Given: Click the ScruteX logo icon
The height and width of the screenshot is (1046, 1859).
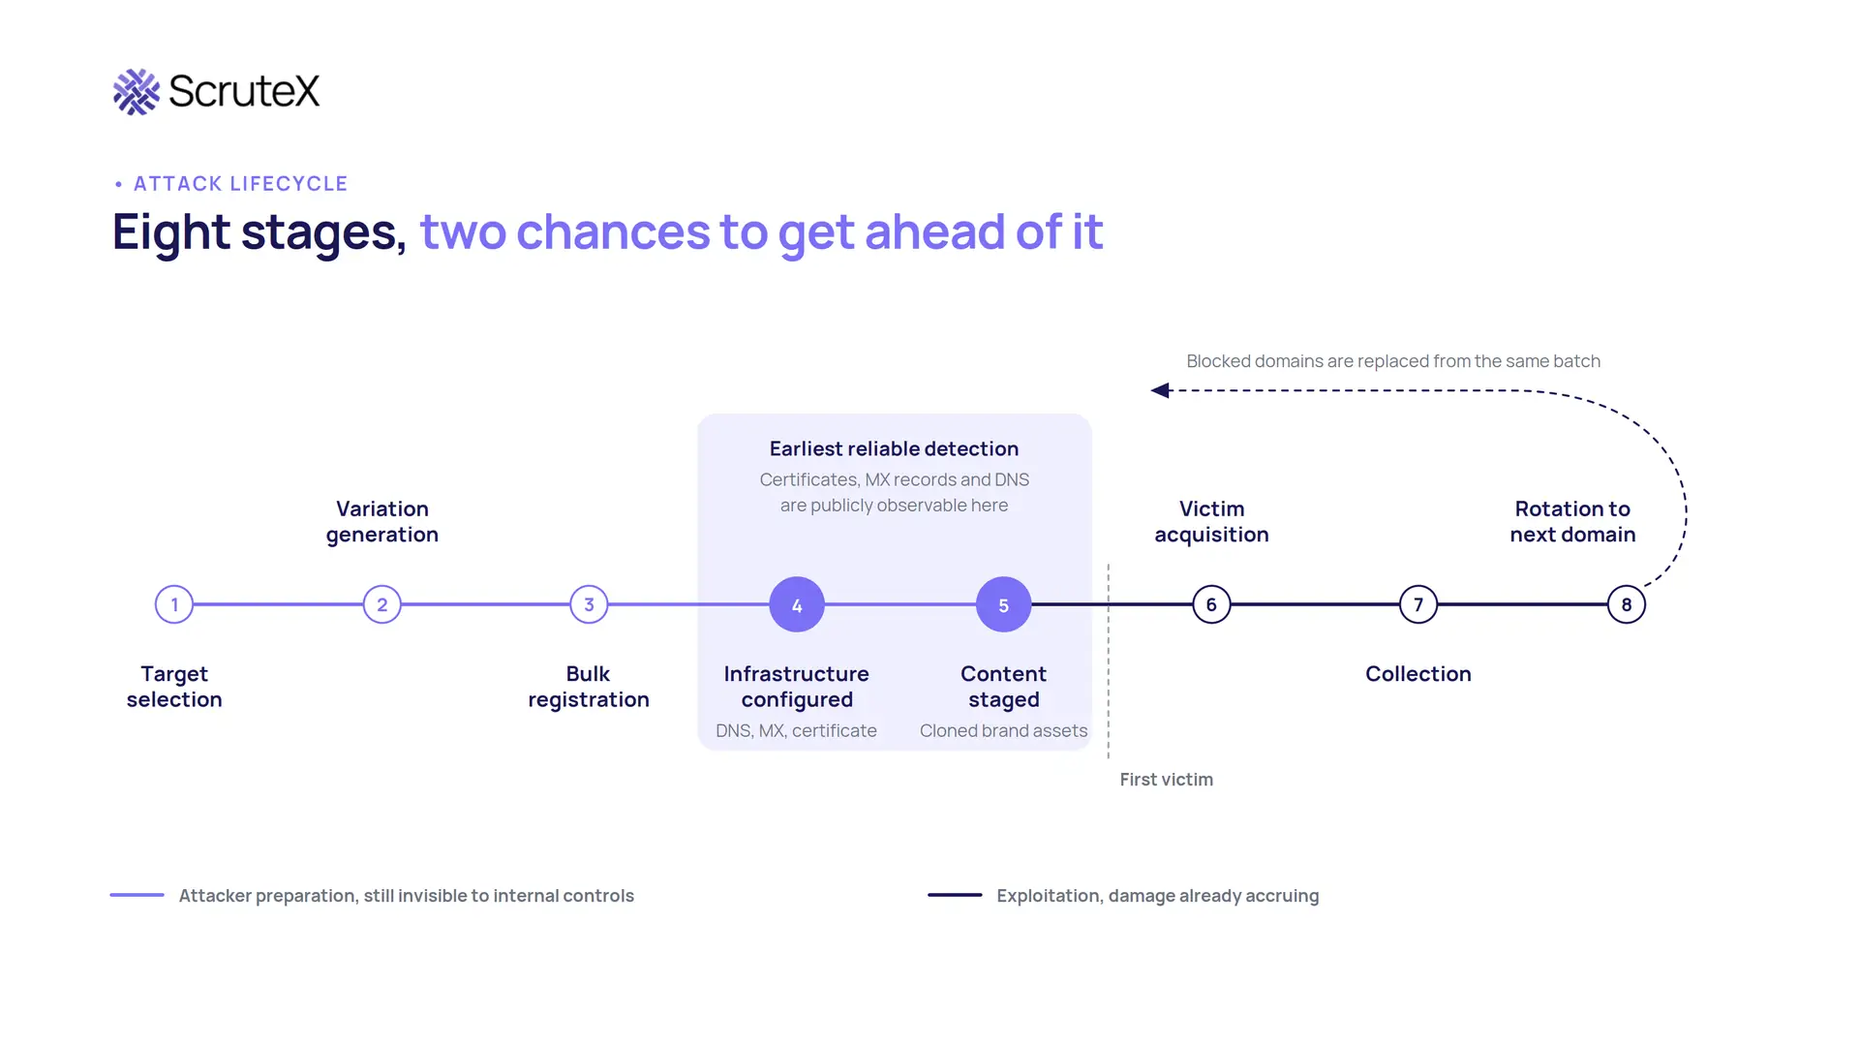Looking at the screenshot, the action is point(137,92).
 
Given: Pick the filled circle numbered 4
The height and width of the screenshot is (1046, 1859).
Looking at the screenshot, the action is point(797,604).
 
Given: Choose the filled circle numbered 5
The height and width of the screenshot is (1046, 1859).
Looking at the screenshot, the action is point(1004,604).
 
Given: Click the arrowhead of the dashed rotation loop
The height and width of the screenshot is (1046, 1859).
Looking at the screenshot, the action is point(1159,390).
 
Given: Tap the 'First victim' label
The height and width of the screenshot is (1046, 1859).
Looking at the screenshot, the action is point(1167,780).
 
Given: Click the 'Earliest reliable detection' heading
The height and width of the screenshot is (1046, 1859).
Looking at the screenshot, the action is point(894,448).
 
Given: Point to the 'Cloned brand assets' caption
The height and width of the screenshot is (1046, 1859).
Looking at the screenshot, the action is point(1003,730).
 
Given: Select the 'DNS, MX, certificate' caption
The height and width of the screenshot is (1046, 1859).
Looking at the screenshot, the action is point(796,730).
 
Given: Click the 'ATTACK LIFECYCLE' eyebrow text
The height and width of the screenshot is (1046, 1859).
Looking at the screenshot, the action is point(240,184).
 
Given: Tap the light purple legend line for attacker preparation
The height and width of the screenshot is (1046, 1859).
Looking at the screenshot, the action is point(137,895).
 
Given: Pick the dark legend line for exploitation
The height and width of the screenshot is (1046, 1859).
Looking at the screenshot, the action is point(955,895).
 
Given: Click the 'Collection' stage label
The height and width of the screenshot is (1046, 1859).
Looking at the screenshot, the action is point(1418,674).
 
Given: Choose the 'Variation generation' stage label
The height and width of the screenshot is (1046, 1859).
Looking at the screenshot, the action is point(382,522).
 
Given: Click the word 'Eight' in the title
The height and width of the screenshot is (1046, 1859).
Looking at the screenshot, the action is point(171,232).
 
